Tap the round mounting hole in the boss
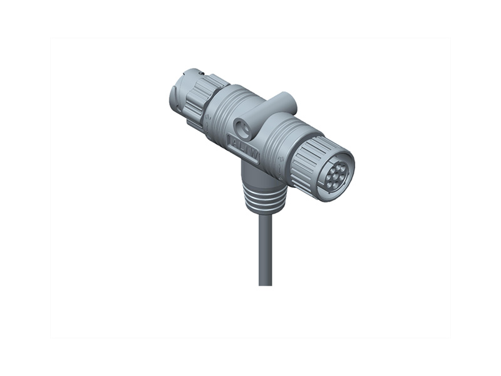244,128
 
